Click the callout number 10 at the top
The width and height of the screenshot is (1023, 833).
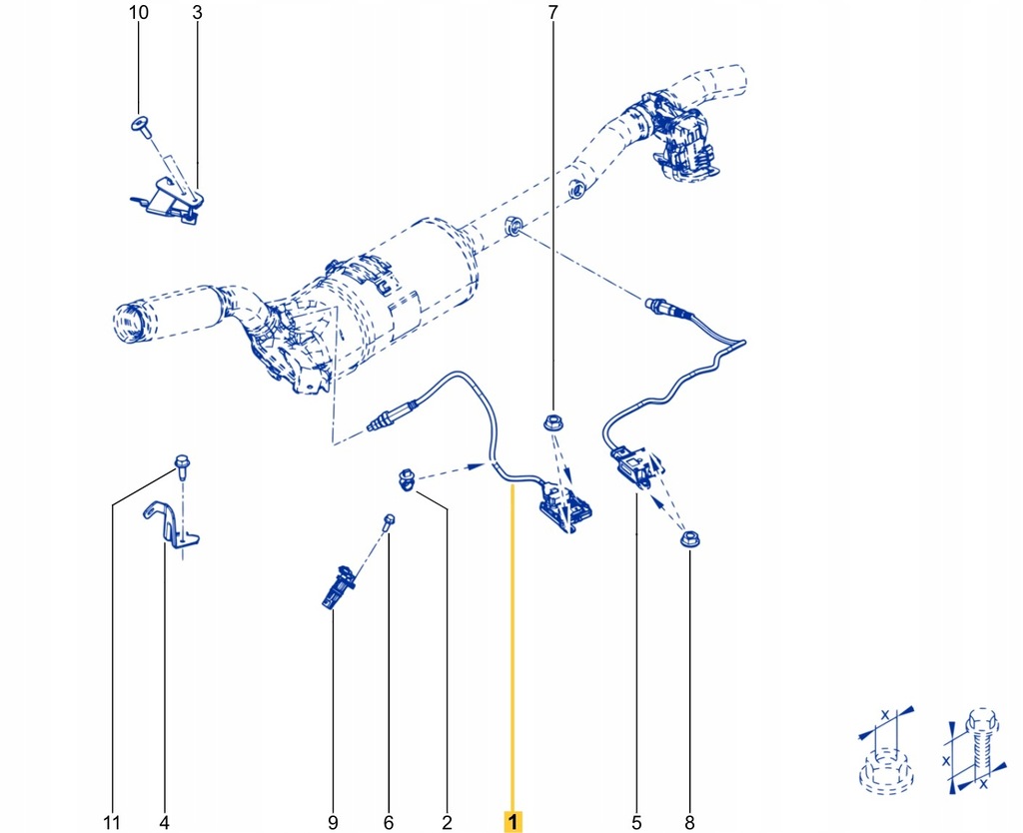point(139,13)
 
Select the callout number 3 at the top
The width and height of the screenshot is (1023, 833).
point(196,13)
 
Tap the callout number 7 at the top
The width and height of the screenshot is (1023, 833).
point(551,13)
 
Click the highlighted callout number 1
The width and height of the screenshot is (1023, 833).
point(512,822)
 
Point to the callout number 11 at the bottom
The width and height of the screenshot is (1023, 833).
point(112,823)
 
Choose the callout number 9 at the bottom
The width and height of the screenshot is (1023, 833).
point(333,823)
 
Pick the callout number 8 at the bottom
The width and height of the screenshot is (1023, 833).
point(688,823)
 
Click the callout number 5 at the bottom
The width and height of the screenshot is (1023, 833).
point(636,823)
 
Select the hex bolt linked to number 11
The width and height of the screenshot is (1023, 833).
point(182,463)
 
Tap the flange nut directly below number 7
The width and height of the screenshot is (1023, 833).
point(551,423)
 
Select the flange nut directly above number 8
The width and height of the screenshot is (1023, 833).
point(687,540)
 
